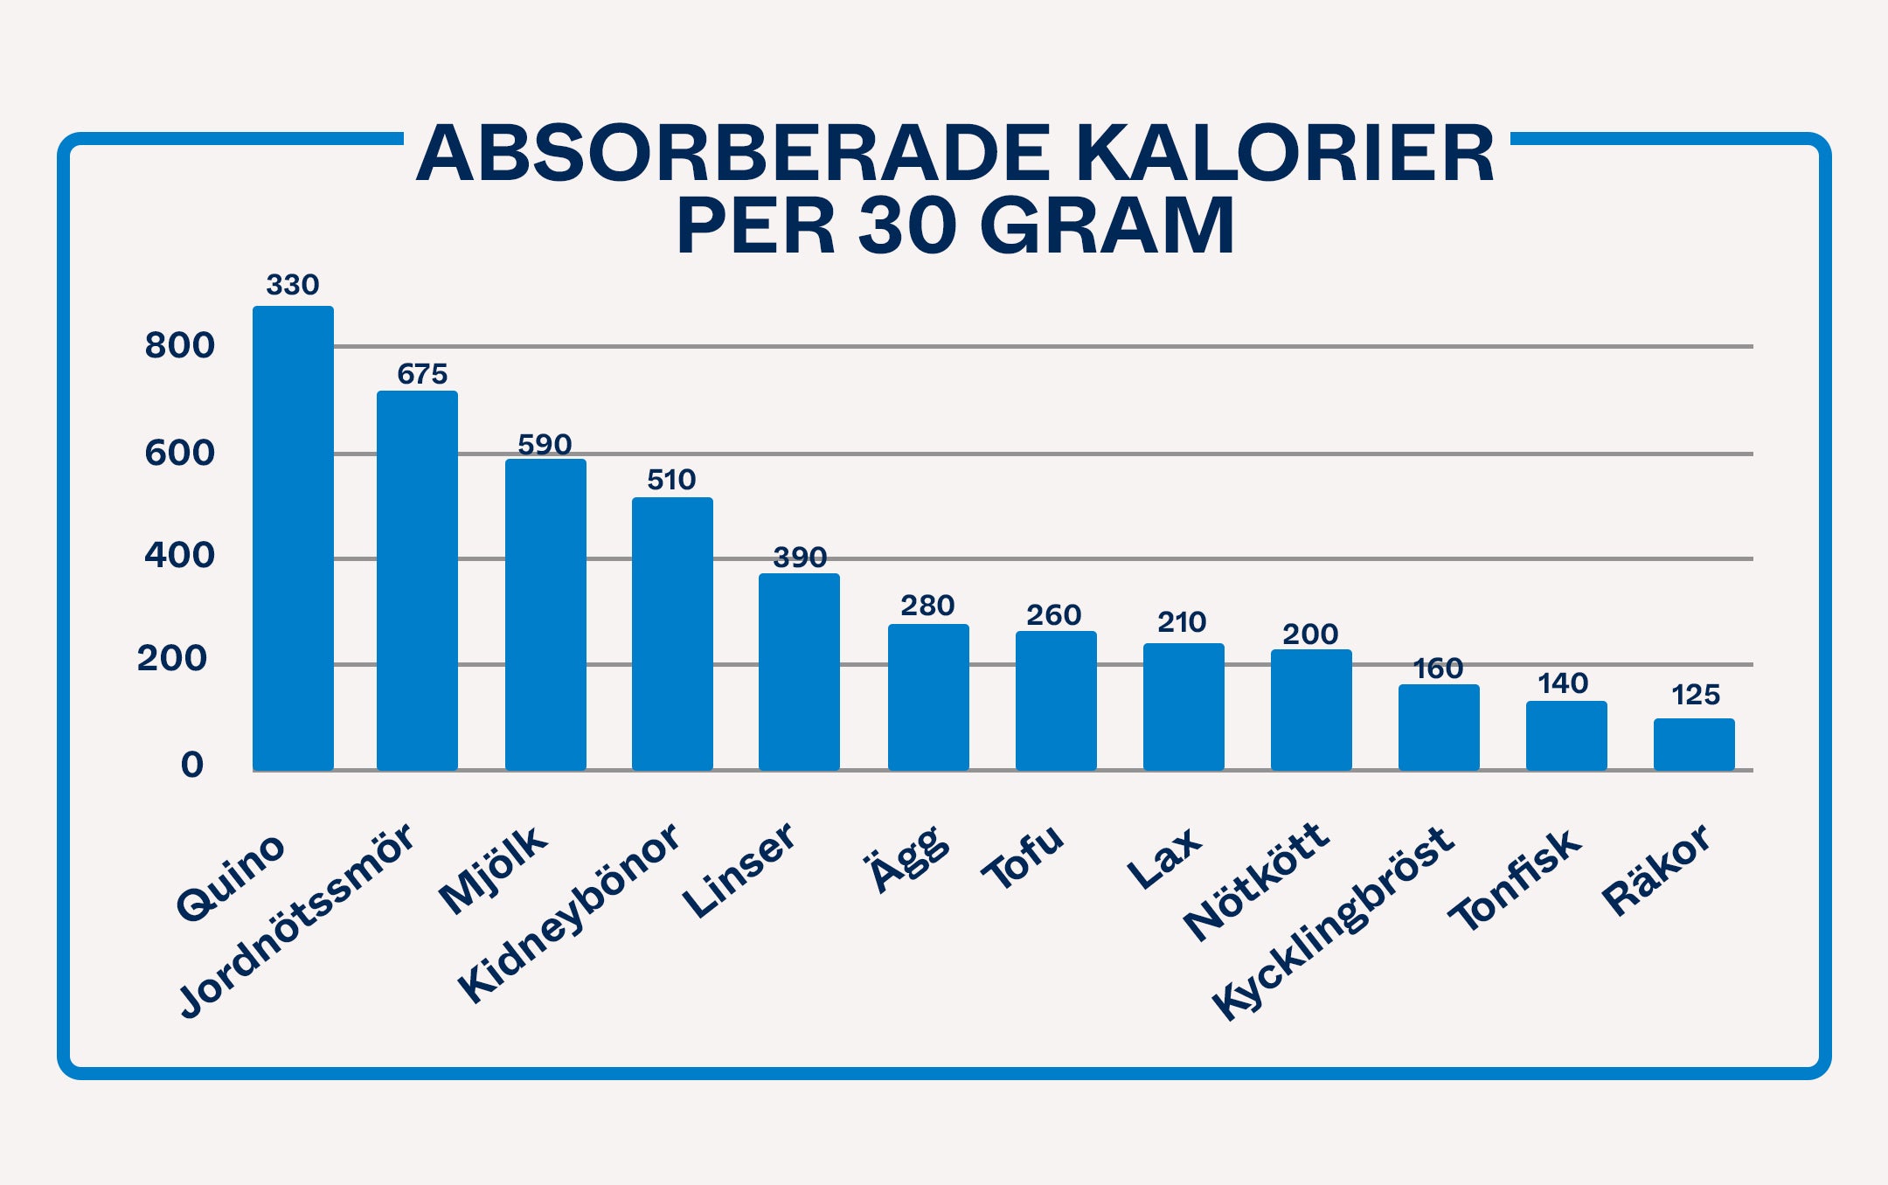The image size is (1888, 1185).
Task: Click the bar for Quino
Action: click(x=293, y=537)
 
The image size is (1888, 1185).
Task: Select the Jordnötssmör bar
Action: click(x=417, y=580)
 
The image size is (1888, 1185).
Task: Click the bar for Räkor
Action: click(x=1694, y=744)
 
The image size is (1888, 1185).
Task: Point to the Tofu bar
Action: click(x=1056, y=700)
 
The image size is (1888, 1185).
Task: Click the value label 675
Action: click(x=422, y=374)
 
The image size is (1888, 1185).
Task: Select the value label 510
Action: click(x=671, y=480)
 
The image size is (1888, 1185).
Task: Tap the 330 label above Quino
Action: click(x=293, y=285)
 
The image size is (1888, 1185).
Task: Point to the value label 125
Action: click(x=1696, y=695)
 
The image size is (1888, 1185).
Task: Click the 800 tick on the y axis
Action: click(x=179, y=346)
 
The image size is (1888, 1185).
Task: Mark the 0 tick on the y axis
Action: click(x=192, y=765)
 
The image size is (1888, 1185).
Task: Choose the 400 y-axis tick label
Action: click(x=179, y=555)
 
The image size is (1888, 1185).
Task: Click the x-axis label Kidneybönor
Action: click(x=569, y=912)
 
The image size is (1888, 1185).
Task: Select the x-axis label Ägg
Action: click(x=907, y=858)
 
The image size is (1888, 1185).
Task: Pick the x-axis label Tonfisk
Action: click(x=1515, y=879)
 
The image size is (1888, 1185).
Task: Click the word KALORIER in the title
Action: click(x=1285, y=155)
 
